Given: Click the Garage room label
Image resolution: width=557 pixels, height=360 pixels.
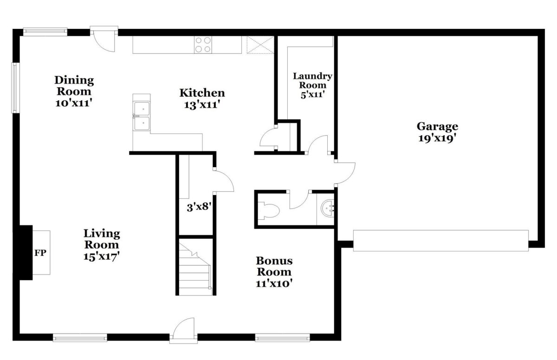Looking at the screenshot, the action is [437, 126].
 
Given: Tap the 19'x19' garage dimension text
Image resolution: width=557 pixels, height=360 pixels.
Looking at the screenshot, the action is [437, 138].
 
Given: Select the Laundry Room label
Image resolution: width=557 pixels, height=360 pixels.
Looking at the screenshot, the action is [312, 80].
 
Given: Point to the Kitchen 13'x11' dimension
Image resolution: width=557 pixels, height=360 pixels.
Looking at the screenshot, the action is [202, 105].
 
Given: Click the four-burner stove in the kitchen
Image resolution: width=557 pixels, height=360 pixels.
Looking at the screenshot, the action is [203, 45].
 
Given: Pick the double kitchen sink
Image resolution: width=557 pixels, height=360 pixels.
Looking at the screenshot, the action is [142, 116].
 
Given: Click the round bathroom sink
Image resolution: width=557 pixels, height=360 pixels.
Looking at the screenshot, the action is [327, 208].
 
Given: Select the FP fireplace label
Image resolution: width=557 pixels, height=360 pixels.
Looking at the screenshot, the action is [40, 253].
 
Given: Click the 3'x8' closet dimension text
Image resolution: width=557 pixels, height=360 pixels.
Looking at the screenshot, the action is [199, 207].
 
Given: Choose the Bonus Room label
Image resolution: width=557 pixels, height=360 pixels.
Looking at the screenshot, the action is [274, 266].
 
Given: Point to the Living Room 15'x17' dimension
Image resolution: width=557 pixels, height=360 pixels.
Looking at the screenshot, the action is [102, 256].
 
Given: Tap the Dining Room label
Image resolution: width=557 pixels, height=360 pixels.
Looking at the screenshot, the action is [74, 85].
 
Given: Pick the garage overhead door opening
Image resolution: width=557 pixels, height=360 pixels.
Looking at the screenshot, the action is [441, 241].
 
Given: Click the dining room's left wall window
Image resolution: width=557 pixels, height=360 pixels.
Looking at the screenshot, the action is [15, 88].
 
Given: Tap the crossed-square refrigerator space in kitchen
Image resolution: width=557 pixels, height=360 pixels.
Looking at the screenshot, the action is [260, 45].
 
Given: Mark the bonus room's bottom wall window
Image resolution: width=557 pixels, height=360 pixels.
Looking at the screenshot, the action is [283, 338].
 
